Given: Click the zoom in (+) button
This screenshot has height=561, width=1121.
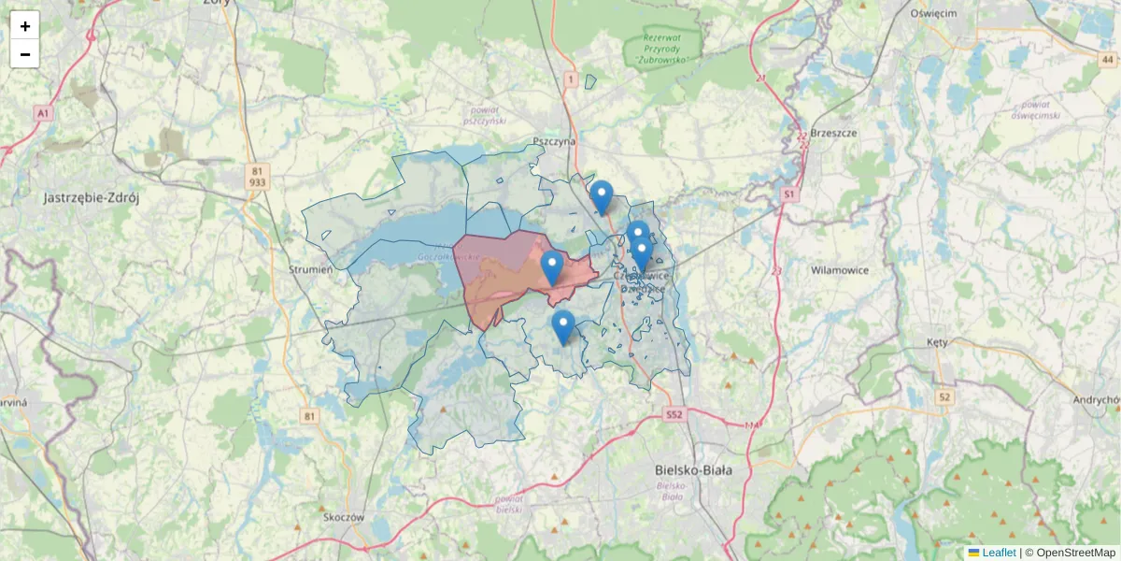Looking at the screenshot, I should click(25, 26).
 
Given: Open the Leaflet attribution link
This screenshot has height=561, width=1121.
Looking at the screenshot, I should click(999, 553).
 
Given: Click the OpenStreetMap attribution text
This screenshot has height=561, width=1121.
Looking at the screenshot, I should click(1076, 553).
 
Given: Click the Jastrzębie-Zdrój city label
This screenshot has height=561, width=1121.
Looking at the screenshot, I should click(92, 198).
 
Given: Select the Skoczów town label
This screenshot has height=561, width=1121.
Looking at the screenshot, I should click(342, 517).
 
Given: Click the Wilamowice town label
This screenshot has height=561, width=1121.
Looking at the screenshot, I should click(840, 270).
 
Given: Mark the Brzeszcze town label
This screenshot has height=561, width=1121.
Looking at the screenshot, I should click(834, 133).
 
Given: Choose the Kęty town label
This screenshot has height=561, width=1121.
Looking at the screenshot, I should click(937, 342).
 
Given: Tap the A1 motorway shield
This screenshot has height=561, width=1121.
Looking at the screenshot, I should click(42, 113).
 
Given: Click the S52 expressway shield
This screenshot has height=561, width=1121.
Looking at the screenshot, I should click(675, 413).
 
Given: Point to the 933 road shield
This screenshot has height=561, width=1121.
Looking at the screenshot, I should click(258, 183).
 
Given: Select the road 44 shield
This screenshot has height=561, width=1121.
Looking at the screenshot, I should click(1107, 59).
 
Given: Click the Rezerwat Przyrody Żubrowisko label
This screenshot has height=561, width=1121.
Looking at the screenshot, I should click(665, 49).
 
